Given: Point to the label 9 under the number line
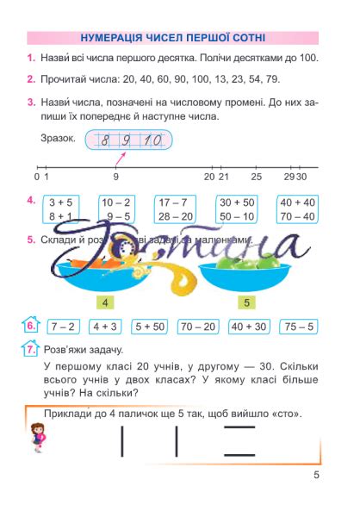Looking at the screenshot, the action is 115,177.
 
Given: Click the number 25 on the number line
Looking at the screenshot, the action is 257,177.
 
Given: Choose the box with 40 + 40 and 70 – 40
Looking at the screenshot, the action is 296,209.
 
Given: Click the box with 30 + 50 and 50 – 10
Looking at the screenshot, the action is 237,209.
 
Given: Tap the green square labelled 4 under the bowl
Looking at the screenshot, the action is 104,303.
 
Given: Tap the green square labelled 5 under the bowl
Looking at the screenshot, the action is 247,303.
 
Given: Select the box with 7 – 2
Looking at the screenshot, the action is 64,327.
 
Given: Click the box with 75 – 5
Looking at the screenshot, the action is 299,327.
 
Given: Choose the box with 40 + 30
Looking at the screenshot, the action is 249,327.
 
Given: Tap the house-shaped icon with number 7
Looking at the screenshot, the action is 30,350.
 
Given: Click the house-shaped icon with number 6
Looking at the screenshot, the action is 30,326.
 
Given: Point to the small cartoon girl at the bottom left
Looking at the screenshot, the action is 38,439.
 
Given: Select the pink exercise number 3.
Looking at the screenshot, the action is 30,103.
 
